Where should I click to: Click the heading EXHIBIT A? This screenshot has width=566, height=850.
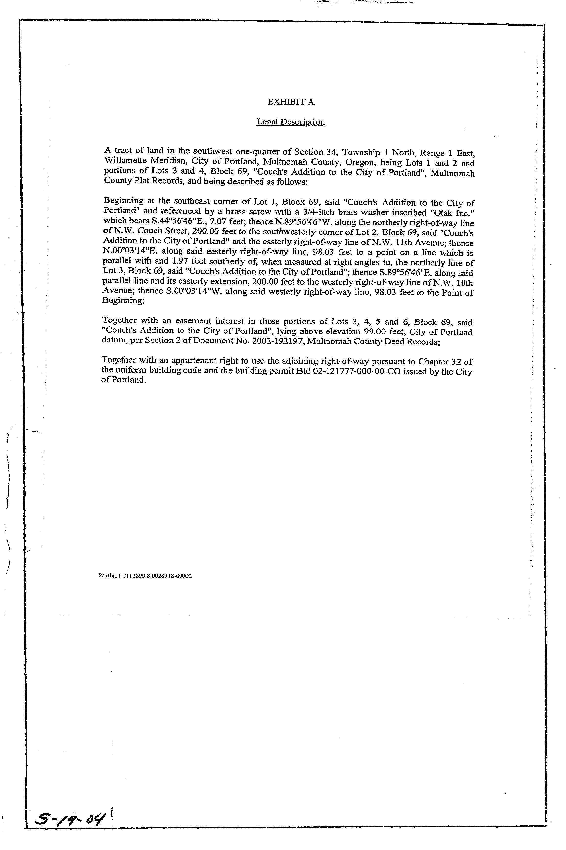pyautogui.click(x=291, y=102)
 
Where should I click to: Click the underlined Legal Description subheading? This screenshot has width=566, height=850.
pyautogui.click(x=291, y=122)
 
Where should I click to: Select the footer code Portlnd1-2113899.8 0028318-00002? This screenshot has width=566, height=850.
pyautogui.click(x=145, y=576)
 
